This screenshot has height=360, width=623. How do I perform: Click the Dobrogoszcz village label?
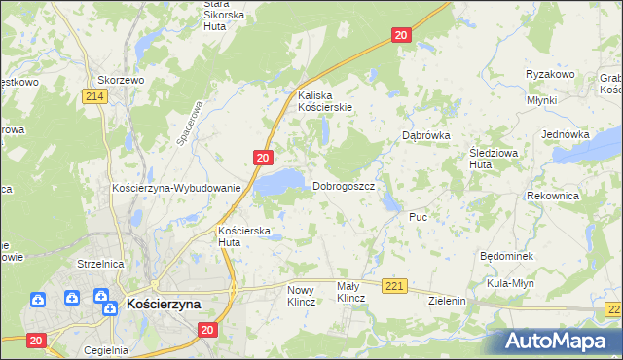pyautogui.click(x=343, y=186)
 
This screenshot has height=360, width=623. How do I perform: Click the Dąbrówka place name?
pyautogui.click(x=426, y=136)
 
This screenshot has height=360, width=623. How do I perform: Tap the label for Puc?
pyautogui.click(x=419, y=217)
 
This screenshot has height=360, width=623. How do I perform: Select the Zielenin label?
pyautogui.click(x=448, y=302)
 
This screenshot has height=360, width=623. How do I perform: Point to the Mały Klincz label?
pyautogui.click(x=349, y=292)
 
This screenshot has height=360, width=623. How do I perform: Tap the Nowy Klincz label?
pyautogui.click(x=302, y=296)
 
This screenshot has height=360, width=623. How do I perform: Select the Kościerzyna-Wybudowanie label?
pyautogui.click(x=176, y=187)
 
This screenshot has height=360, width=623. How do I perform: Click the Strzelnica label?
pyautogui.click(x=100, y=264)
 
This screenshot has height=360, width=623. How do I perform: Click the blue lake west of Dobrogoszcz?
pyautogui.click(x=279, y=182)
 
